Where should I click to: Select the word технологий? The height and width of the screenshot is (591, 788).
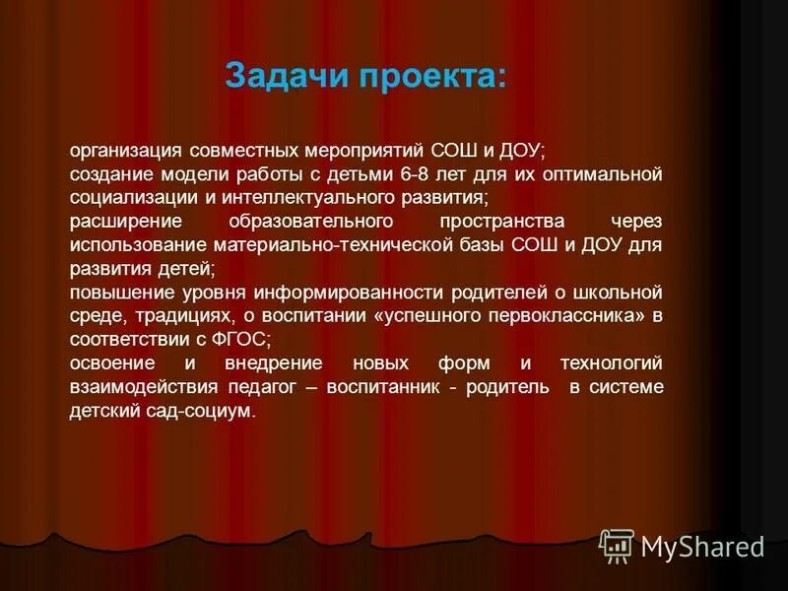612,363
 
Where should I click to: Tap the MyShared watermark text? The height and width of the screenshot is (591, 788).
702,547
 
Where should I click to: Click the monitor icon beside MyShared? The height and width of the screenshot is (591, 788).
617,545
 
